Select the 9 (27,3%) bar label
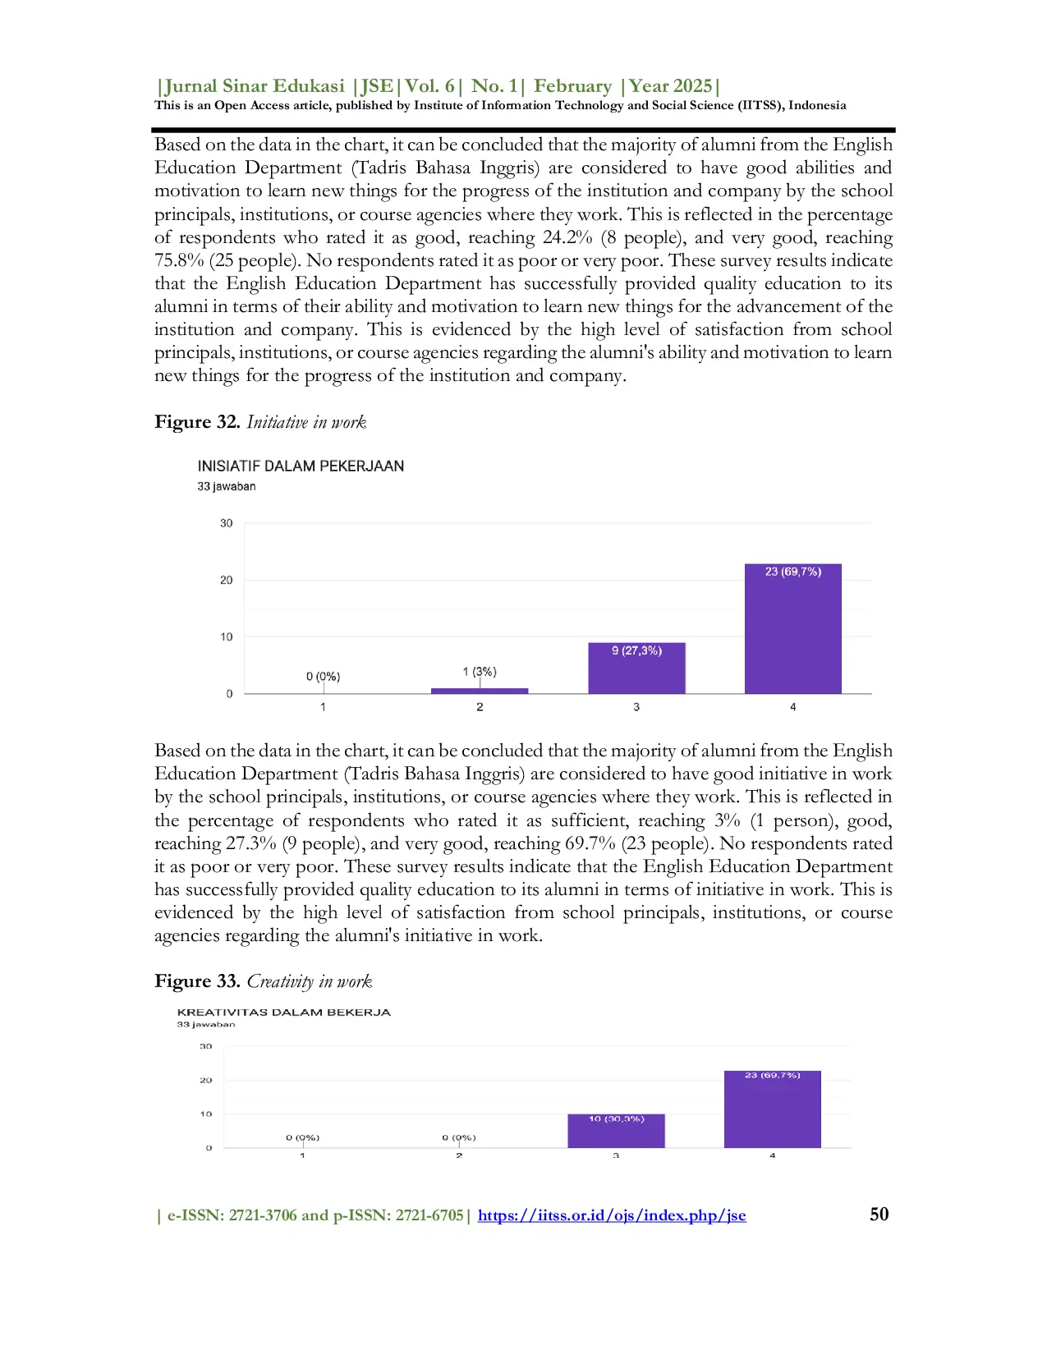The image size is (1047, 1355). (x=636, y=650)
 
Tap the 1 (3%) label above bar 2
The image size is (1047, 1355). (x=480, y=672)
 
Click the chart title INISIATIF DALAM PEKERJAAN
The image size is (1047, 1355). (x=301, y=466)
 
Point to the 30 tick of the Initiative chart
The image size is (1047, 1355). (x=226, y=523)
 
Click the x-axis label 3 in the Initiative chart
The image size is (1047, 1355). (x=636, y=707)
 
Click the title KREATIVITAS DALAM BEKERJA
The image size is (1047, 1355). (x=283, y=1013)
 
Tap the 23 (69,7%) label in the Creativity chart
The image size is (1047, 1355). (x=772, y=1075)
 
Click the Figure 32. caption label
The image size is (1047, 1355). (x=197, y=422)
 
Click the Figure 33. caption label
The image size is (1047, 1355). (x=197, y=981)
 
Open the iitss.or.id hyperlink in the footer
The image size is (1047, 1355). (x=612, y=1215)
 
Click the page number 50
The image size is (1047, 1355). (x=879, y=1215)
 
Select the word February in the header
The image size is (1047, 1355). (x=572, y=86)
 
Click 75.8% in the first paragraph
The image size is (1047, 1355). (x=178, y=260)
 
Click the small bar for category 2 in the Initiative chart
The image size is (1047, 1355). (x=480, y=691)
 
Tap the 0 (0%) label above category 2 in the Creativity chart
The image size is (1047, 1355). (x=458, y=1137)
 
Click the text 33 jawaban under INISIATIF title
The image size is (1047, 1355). (x=226, y=486)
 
